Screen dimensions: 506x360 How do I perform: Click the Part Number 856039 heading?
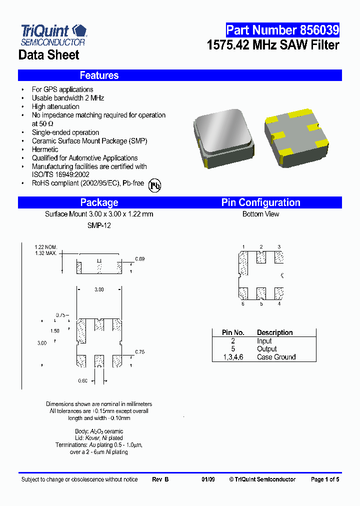282,30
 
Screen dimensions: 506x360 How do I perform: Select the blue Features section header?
99,75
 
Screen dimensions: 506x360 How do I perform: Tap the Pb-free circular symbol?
155,185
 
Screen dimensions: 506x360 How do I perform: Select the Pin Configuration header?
260,202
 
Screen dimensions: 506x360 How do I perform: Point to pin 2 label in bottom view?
261,246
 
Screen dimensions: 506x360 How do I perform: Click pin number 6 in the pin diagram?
243,303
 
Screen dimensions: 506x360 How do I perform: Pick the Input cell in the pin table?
264,341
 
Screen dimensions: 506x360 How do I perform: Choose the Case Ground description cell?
276,357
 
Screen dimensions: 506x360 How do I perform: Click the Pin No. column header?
233,332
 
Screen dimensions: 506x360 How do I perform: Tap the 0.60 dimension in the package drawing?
82,381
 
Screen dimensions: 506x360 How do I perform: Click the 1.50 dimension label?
55,331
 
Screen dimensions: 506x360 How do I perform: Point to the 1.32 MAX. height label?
46,253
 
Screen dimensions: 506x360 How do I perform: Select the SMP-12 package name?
99,225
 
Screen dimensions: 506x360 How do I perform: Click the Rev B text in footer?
160,479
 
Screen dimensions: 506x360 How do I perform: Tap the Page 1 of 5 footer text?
324,479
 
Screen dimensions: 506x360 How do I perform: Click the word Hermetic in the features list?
45,149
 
